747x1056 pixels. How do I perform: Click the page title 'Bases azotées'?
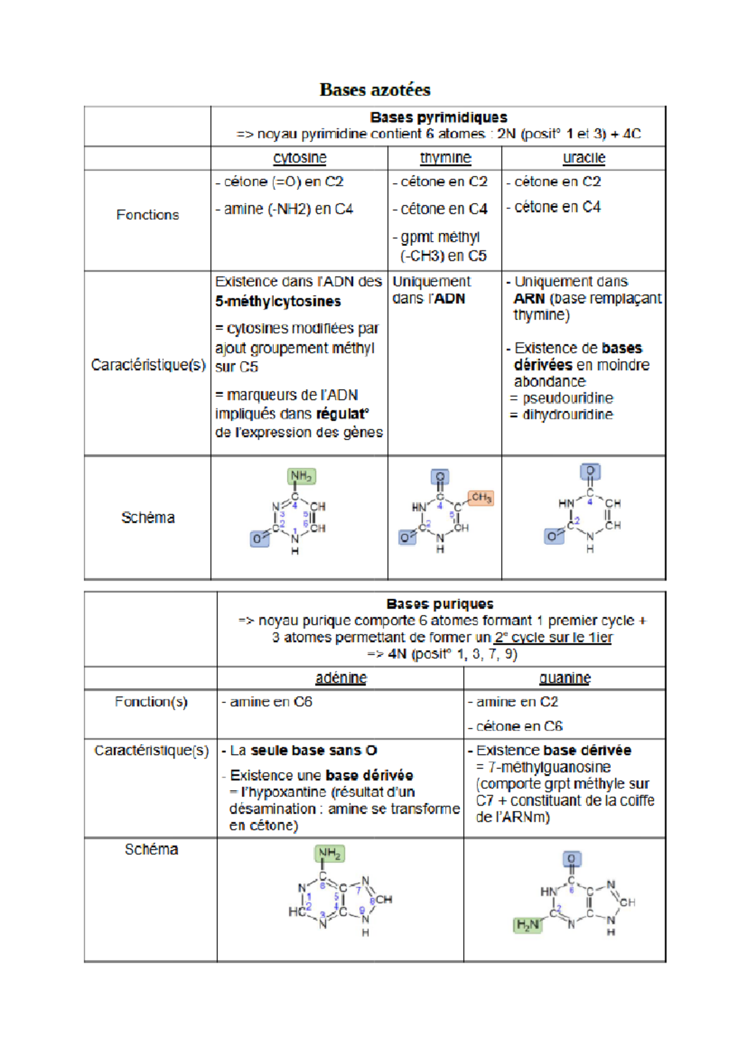tap(375, 90)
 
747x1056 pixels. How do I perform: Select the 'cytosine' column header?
tap(299, 158)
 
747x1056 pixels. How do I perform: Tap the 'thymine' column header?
tap(445, 158)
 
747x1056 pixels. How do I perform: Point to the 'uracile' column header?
tap(584, 158)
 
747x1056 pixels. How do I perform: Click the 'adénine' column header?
tap(341, 678)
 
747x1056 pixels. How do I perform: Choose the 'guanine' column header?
tap(565, 678)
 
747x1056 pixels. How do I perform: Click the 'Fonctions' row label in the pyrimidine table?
tap(148, 215)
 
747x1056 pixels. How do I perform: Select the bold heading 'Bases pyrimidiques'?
tap(438, 117)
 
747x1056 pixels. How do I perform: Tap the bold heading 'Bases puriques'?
tap(439, 604)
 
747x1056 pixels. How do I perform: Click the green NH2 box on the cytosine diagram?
tap(301, 476)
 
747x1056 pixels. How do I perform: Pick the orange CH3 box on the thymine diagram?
tap(481, 497)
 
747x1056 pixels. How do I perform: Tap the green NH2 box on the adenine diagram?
tap(329, 853)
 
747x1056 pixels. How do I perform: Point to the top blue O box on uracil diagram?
tap(590, 471)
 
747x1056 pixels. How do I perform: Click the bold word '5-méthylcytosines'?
tap(278, 301)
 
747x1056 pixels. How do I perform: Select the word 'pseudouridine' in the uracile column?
tap(568, 398)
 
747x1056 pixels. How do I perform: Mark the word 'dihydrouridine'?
tap(568, 415)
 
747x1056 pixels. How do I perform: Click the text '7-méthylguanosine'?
tap(549, 767)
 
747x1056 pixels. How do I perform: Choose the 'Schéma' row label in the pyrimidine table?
tap(148, 517)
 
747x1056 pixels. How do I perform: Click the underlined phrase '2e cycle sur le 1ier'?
tap(553, 638)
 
